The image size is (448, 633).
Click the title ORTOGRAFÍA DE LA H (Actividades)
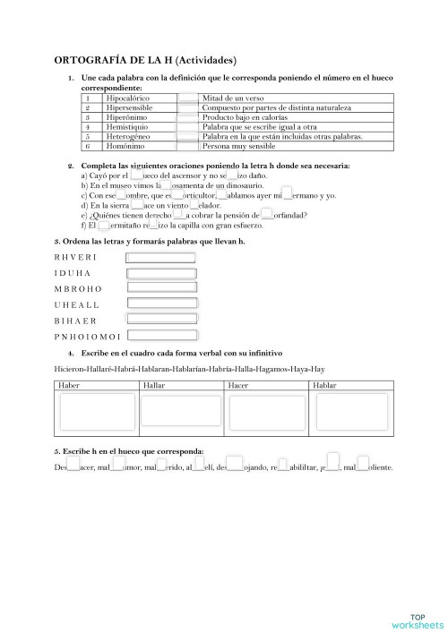coord(145,61)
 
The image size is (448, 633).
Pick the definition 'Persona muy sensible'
coord(238,146)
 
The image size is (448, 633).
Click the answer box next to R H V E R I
coord(161,258)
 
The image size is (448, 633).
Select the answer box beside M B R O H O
coord(161,288)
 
